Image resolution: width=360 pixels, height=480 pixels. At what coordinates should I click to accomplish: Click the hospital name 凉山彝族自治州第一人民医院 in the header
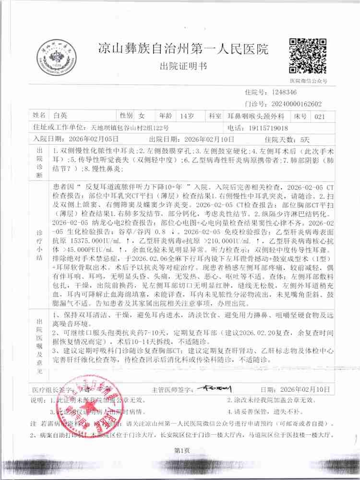tap(177, 49)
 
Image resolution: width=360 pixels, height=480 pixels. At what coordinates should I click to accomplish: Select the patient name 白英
tap(60, 116)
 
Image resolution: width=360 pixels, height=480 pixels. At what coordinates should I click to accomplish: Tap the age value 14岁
tap(186, 116)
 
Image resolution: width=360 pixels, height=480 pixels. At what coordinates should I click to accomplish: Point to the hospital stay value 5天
tap(304, 139)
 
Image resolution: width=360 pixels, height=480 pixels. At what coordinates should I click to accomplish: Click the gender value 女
tap(141, 116)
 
